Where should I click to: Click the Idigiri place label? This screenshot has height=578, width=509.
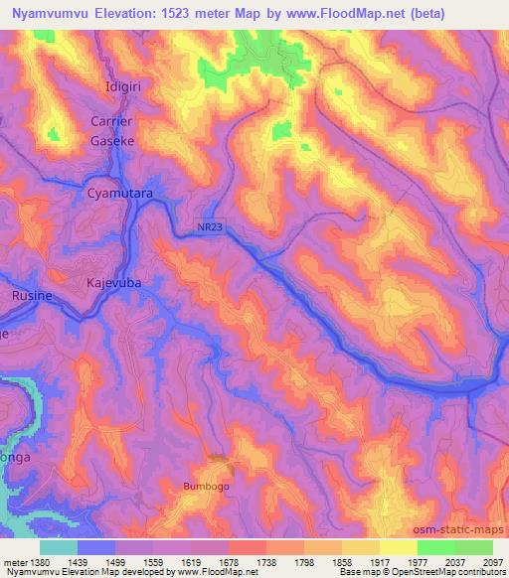coord(125,87)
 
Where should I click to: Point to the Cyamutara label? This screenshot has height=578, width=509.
coord(120,195)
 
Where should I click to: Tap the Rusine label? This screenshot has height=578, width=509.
coord(31,296)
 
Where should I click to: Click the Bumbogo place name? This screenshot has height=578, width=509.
coord(206,487)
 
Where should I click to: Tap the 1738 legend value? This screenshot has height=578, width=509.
coord(267,562)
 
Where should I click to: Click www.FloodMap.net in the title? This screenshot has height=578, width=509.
coord(327,14)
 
